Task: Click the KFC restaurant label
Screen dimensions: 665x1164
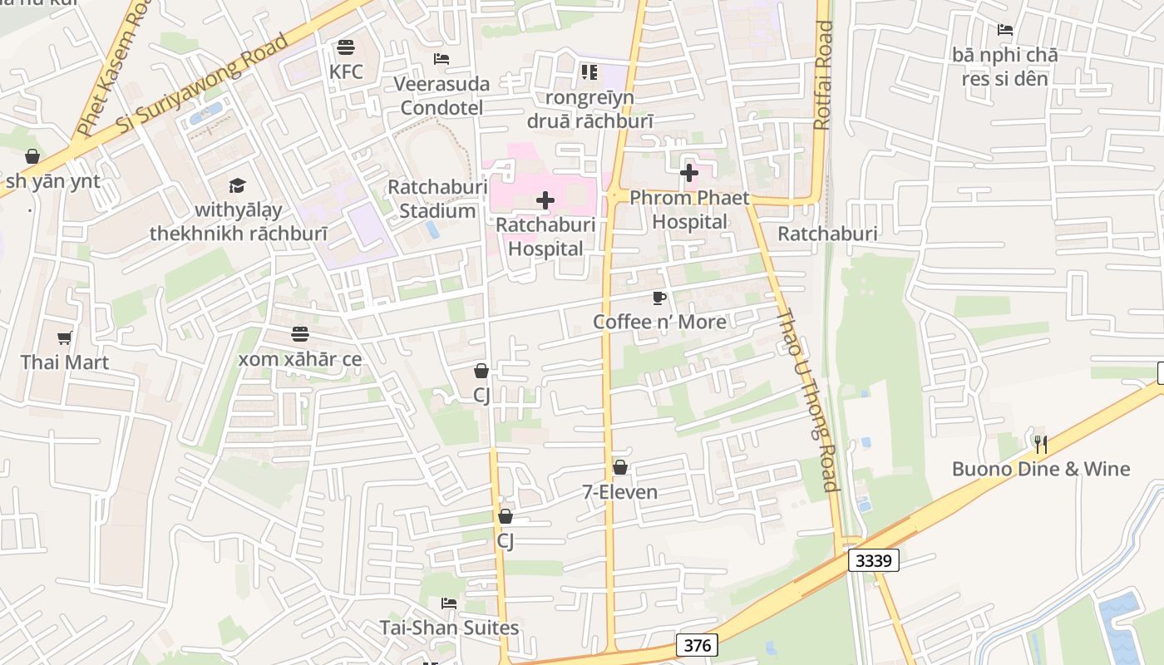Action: [x=346, y=71]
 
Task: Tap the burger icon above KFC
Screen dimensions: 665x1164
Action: [x=346, y=47]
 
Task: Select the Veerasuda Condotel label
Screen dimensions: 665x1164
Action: [x=441, y=96]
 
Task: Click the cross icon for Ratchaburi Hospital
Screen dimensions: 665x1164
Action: [x=545, y=200]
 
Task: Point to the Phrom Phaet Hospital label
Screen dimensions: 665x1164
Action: [x=689, y=209]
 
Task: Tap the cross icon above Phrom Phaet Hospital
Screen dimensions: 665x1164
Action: [x=689, y=173]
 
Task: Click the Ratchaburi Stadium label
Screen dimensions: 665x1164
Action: [x=437, y=199]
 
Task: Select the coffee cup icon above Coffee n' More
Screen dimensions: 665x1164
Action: [x=659, y=298]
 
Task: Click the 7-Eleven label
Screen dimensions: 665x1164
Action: [x=619, y=492]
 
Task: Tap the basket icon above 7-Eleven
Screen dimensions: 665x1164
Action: [x=619, y=467]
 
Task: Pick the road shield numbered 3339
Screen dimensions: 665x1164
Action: [x=874, y=560]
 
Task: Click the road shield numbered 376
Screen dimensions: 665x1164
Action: [x=697, y=645]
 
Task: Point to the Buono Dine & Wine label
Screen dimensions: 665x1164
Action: [x=1041, y=469]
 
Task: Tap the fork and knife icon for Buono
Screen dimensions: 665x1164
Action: [x=1040, y=444]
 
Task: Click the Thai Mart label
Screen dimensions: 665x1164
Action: [x=65, y=362]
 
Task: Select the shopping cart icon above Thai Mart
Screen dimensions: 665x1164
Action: [x=65, y=337]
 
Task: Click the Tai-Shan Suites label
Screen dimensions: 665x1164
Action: [x=449, y=628]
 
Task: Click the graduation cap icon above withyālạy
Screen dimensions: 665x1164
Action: [x=238, y=185]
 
